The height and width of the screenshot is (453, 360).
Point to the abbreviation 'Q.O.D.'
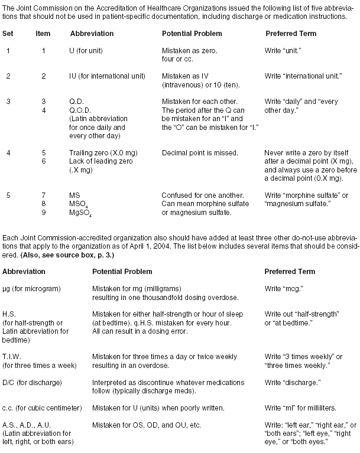(x=80, y=110)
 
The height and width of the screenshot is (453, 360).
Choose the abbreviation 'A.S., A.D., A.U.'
(x=28, y=423)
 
